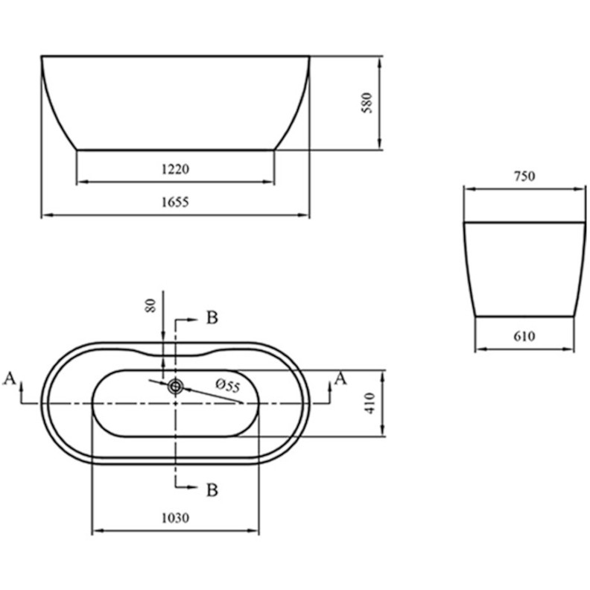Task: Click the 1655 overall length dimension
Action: click(x=176, y=202)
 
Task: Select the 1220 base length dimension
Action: click(x=176, y=169)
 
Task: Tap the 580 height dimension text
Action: click(x=367, y=103)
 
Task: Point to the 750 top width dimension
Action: click(x=524, y=177)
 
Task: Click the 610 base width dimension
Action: click(x=524, y=337)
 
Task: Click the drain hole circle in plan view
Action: click(x=176, y=386)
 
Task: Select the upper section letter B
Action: click(x=212, y=319)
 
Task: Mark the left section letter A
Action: click(x=10, y=378)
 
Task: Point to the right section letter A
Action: click(x=340, y=378)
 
